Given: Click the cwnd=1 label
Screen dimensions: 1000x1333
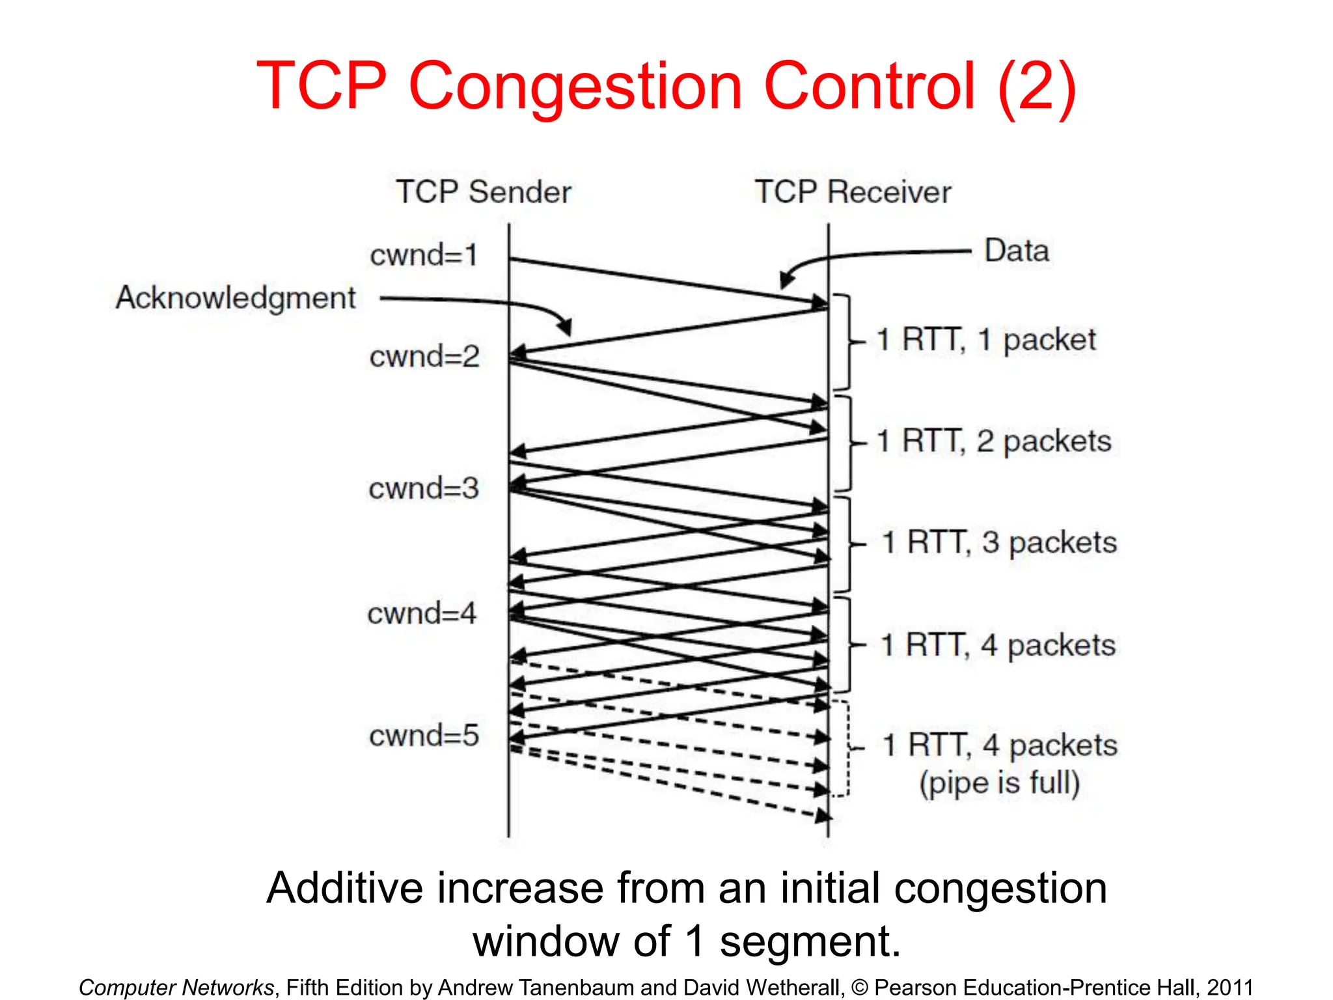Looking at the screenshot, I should point(424,255).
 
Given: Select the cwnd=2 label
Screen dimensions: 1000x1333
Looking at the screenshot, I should point(424,357).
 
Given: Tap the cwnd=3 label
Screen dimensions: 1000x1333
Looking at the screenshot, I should point(424,488).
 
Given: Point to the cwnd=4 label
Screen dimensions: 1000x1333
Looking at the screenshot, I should point(422,613).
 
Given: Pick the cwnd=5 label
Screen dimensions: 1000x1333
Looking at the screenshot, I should point(424,736).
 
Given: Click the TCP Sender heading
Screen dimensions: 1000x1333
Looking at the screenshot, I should point(484,192).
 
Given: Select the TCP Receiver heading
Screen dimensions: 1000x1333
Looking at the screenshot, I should point(853,192).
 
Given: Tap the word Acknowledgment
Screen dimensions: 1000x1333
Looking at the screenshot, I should point(236,298).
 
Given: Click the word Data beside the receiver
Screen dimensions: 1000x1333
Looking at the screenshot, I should point(1017,251).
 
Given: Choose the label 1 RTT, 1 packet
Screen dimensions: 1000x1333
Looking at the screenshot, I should point(986,340).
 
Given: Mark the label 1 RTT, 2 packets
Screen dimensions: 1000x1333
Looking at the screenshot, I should point(994,441).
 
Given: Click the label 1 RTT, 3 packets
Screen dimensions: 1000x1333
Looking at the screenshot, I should point(999,542).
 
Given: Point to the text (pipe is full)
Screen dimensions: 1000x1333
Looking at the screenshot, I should point(999,783).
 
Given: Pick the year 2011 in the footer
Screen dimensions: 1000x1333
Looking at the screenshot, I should point(1230,987).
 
